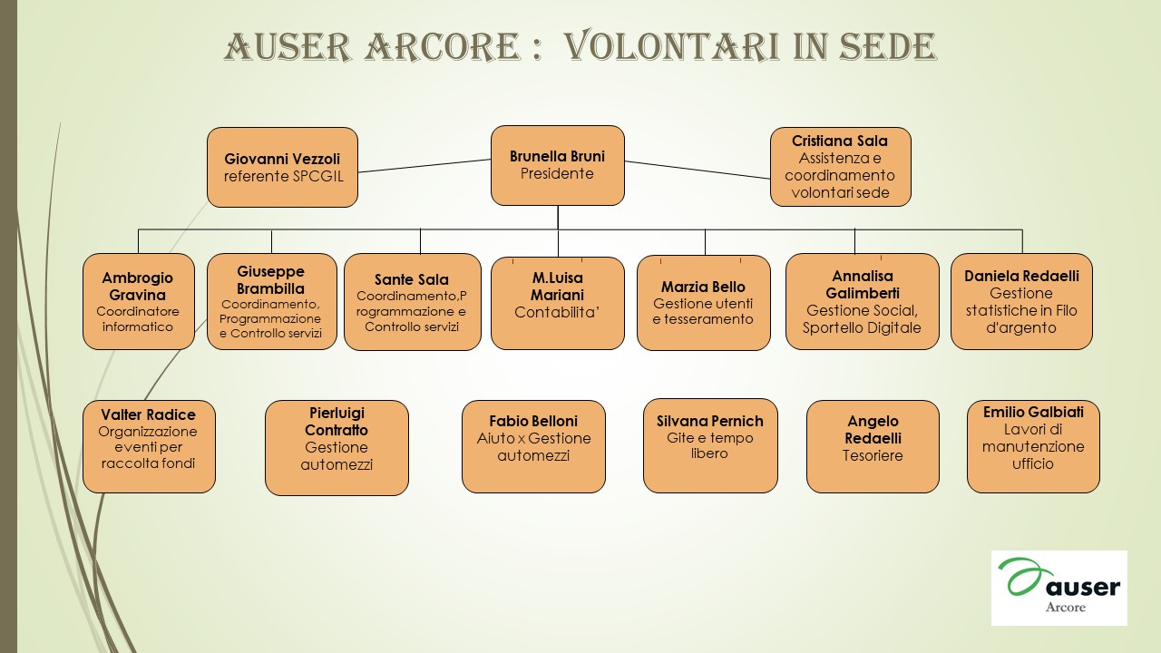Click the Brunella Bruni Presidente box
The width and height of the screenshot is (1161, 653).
click(558, 165)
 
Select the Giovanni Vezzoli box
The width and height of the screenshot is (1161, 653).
click(282, 168)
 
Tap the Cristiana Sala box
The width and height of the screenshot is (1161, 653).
click(840, 167)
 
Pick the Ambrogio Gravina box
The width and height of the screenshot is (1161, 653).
click(139, 302)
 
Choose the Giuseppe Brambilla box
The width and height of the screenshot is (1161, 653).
click(271, 302)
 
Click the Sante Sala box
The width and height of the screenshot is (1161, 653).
click(413, 302)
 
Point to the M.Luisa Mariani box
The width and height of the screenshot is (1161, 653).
click(558, 303)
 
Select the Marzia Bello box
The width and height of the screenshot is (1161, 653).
click(703, 303)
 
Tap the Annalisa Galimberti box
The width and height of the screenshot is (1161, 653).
click(863, 302)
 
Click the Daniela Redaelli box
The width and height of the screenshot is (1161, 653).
click(1021, 302)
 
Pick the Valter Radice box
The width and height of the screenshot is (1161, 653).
click(149, 446)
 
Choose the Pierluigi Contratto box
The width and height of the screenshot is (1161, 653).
click(337, 448)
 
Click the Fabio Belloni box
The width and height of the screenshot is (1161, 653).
click(533, 446)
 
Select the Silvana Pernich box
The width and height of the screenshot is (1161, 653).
click(710, 445)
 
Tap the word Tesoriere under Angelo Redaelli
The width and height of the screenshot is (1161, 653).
click(873, 455)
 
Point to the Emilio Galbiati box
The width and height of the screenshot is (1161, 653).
click(1033, 446)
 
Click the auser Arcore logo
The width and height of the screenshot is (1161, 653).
click(1059, 588)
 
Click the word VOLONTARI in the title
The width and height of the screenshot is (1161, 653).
click(672, 46)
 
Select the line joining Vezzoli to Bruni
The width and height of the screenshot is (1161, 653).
click(424, 166)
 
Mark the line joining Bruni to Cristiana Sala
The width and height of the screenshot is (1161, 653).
click(698, 170)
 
